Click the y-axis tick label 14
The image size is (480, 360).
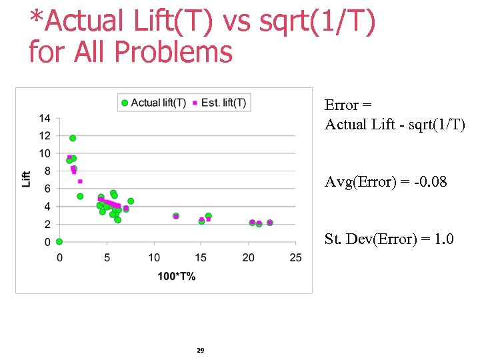tap(45, 119)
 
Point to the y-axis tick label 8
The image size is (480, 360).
tap(47, 171)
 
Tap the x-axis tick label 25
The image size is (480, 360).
tap(296, 258)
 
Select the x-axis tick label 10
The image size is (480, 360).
tap(154, 258)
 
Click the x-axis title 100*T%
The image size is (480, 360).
tap(176, 276)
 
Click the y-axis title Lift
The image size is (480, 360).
tap(27, 179)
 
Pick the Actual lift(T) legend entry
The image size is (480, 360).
tap(153, 103)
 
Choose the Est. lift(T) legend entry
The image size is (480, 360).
tap(220, 103)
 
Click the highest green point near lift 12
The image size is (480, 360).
tap(73, 138)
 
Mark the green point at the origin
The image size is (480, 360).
tap(59, 241)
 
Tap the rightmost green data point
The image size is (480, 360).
tap(270, 223)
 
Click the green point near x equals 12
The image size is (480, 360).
tap(176, 216)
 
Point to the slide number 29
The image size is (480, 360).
tap(201, 350)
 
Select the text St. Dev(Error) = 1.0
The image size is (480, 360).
tap(389, 239)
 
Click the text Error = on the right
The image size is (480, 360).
tap(348, 105)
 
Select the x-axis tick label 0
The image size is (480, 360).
tap(59, 258)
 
